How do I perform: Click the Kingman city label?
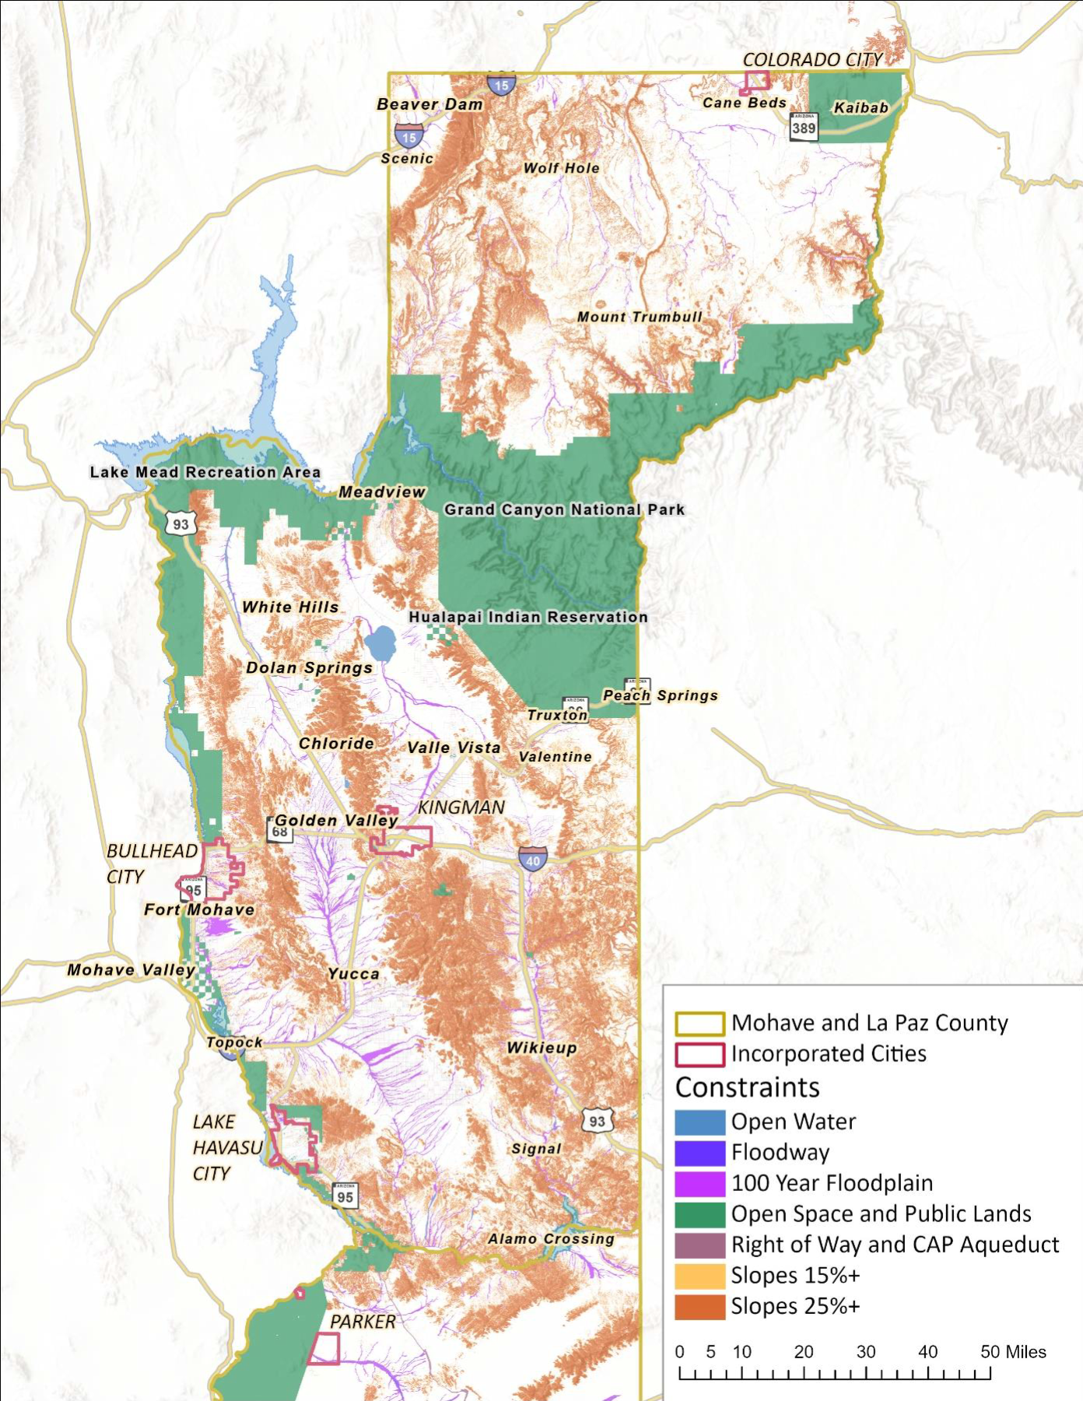point(461,807)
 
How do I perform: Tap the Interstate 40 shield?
point(533,860)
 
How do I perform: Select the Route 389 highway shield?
point(804,127)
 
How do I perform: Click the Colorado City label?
point(812,60)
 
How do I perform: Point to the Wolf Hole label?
point(561,168)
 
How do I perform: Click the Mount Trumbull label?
point(640,317)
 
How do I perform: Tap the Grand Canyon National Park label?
point(564,510)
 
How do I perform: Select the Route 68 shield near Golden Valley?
point(279,831)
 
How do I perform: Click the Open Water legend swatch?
point(699,1121)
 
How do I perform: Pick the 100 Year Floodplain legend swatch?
point(699,1182)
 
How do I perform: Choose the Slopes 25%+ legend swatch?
point(699,1305)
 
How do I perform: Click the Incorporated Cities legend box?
point(699,1054)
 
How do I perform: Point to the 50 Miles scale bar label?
point(1013,1351)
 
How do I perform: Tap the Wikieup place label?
point(541,1048)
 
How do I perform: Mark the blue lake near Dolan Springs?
point(380,643)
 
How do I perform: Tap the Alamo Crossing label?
point(551,1238)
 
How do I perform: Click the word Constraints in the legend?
point(747,1087)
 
